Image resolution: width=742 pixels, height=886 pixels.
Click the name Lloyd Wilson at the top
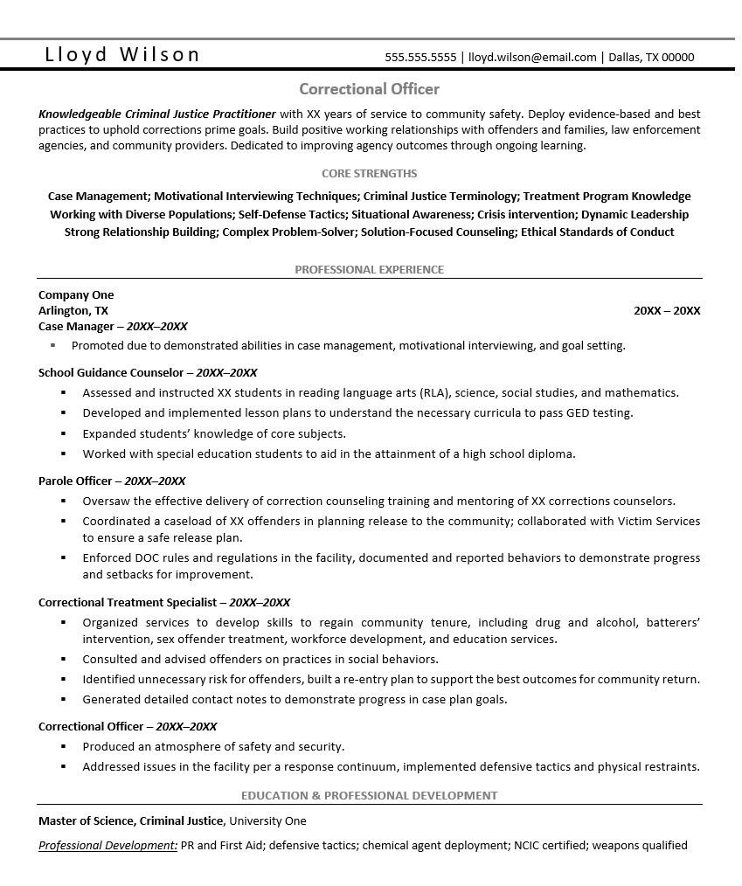tap(122, 55)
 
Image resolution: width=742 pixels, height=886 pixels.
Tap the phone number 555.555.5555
tap(420, 58)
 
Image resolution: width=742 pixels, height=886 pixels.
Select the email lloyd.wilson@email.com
tap(532, 58)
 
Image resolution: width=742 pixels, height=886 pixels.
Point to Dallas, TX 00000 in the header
tap(651, 58)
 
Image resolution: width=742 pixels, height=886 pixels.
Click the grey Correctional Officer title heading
tap(369, 89)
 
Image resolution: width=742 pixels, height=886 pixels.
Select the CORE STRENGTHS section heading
tap(369, 173)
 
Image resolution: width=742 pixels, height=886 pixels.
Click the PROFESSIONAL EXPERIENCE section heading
tap(369, 269)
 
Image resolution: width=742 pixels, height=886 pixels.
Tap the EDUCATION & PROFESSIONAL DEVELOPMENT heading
tap(369, 795)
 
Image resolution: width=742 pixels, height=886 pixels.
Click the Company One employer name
tap(76, 294)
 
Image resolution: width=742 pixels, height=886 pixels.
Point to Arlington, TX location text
tap(73, 310)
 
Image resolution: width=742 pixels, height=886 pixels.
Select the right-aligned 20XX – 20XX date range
tap(667, 310)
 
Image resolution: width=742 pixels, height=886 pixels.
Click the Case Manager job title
tap(76, 326)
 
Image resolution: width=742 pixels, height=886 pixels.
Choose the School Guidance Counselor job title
tap(110, 372)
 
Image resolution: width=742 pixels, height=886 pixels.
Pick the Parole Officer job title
tap(75, 481)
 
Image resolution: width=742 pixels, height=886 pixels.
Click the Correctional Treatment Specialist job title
tap(127, 602)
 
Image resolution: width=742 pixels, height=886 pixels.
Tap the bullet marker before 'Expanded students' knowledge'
tap(64, 433)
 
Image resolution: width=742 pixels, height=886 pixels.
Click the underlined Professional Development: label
tap(107, 845)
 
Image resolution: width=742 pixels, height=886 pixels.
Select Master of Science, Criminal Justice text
tap(131, 820)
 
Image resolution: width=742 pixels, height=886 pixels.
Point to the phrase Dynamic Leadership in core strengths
tap(635, 214)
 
